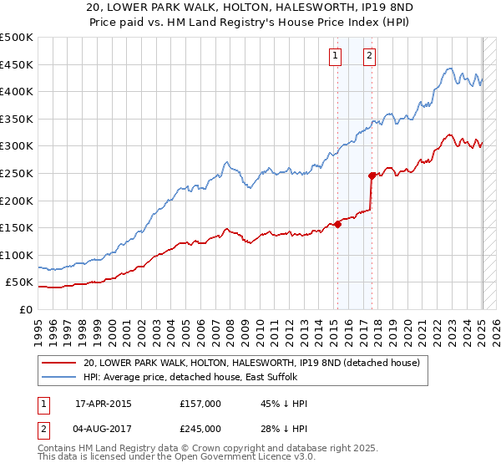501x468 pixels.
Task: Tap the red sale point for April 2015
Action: click(x=338, y=224)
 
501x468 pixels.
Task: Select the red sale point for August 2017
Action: click(x=372, y=175)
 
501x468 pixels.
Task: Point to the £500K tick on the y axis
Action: click(x=17, y=38)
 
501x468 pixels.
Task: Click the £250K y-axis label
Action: click(x=17, y=173)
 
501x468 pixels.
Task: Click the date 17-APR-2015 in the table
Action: click(x=104, y=404)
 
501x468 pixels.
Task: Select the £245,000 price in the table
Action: click(x=200, y=429)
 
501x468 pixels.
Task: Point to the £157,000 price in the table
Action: click(x=200, y=404)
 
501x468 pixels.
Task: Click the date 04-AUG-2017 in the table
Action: click(x=104, y=429)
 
